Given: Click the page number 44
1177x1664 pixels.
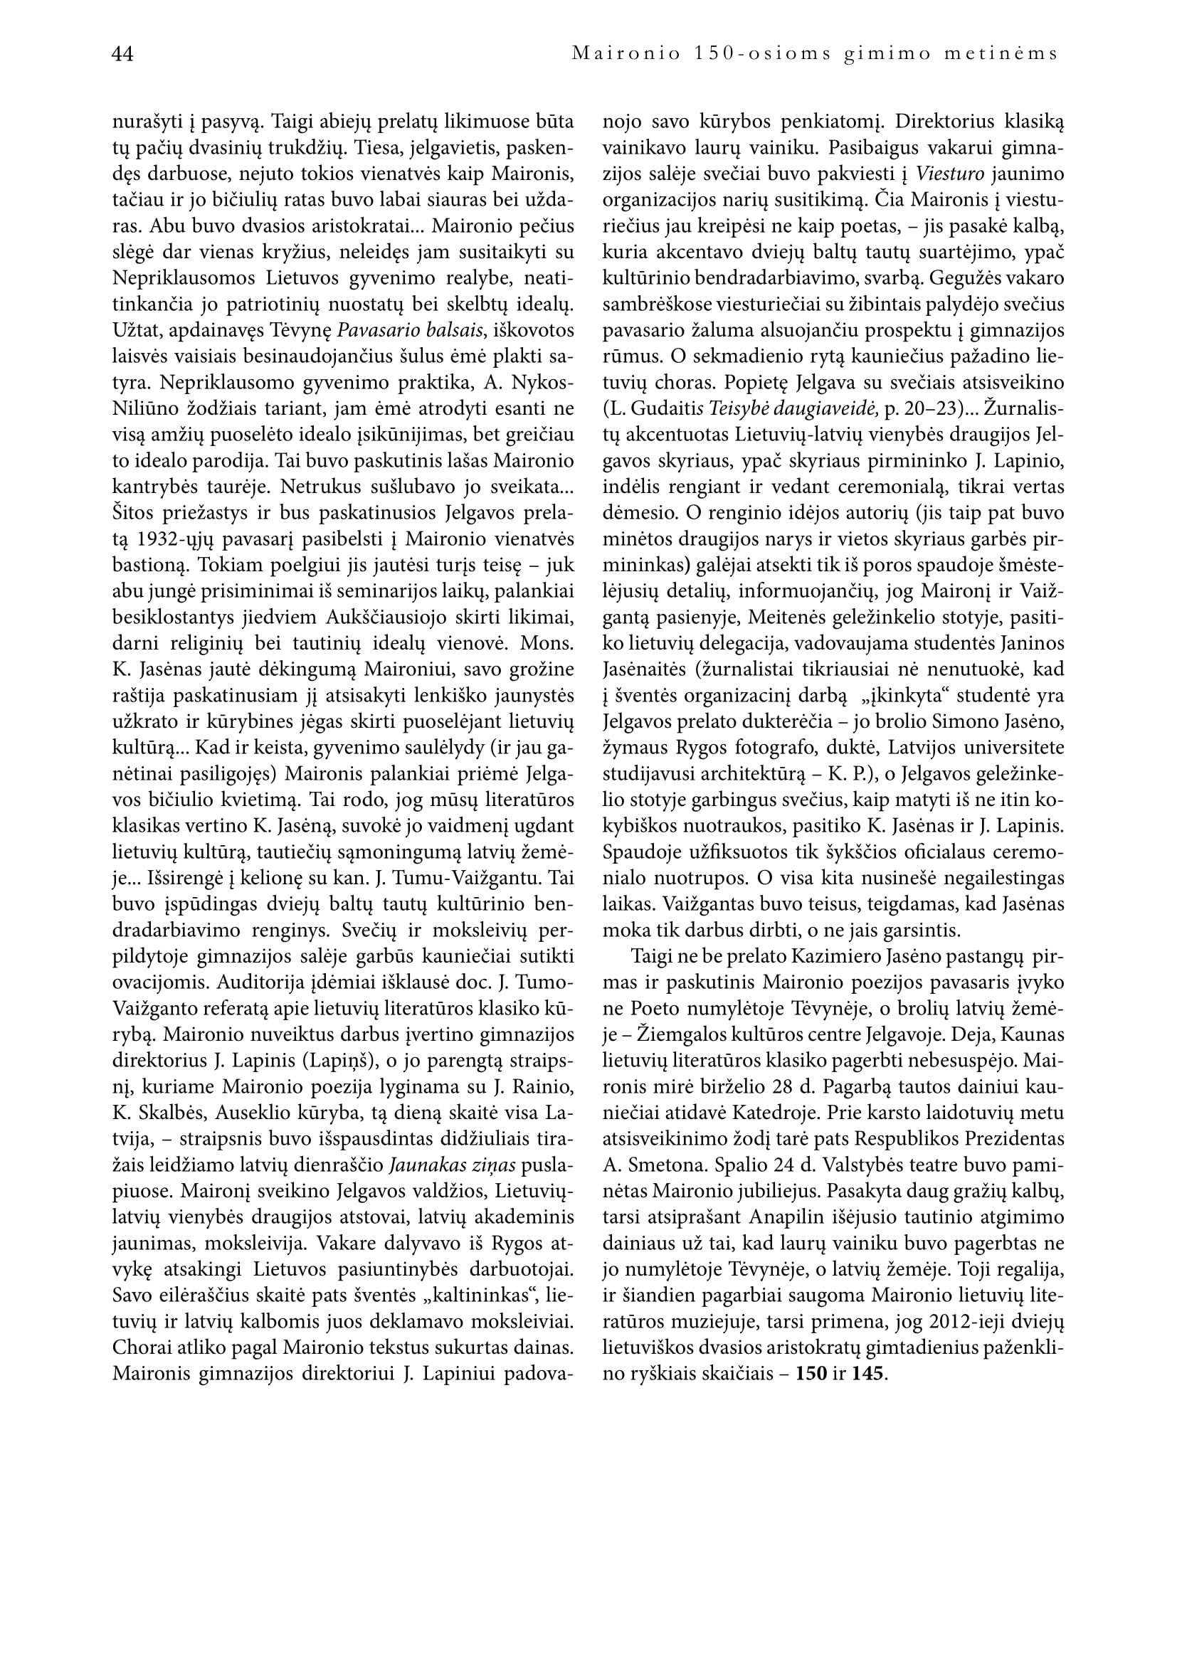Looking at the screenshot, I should tap(122, 54).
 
